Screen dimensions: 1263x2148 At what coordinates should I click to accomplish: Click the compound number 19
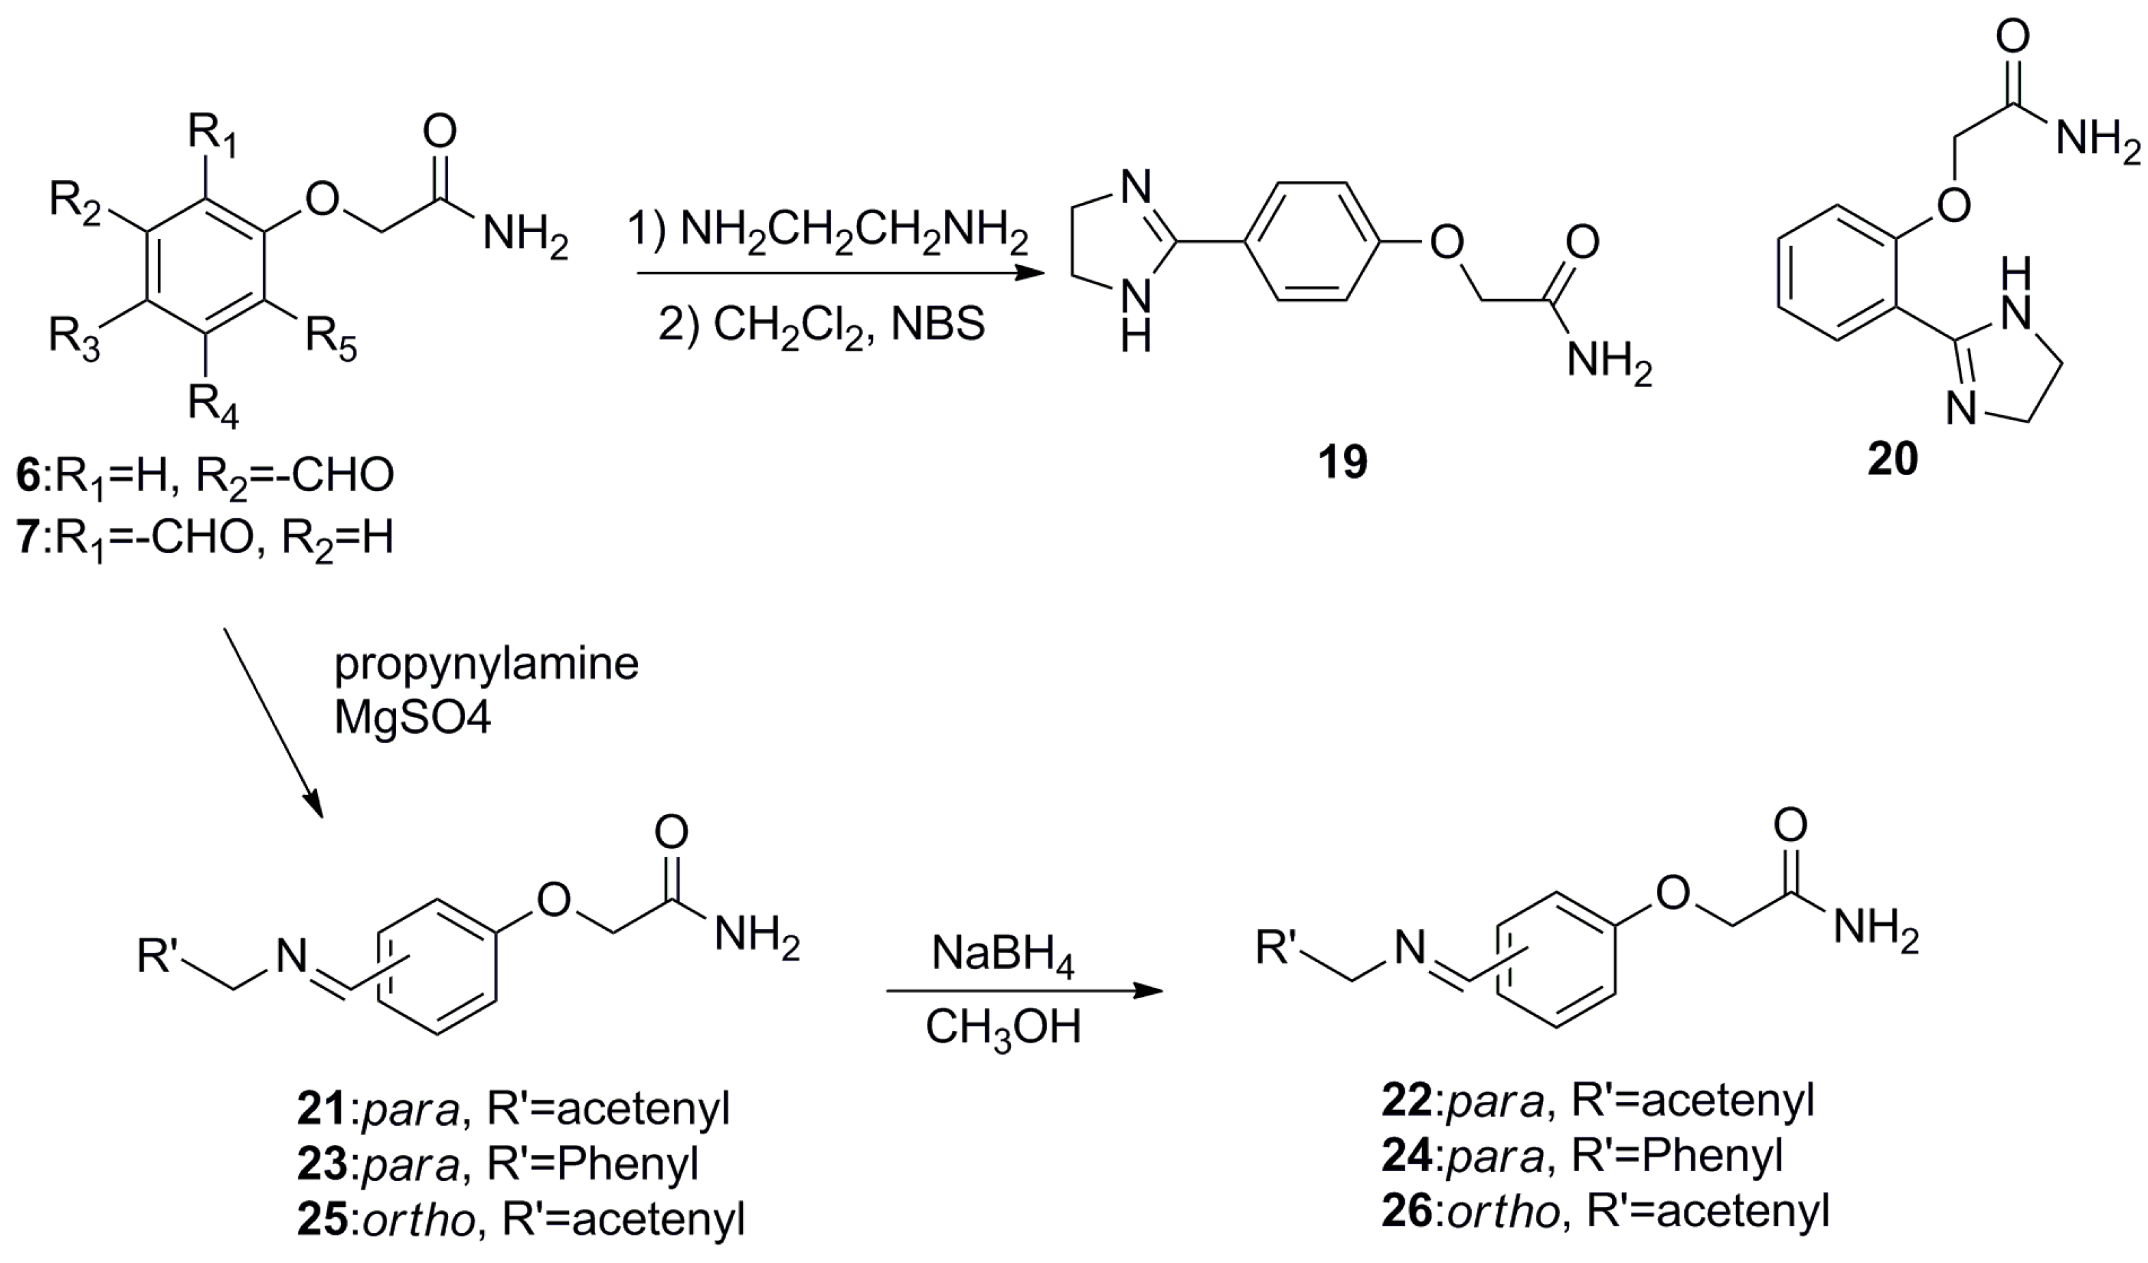(x=1343, y=463)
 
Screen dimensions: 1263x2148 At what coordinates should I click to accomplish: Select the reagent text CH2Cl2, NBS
(x=822, y=325)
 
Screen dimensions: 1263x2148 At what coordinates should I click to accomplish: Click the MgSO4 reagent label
(x=413, y=718)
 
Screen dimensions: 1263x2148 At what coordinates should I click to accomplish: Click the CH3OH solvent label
(x=1003, y=1027)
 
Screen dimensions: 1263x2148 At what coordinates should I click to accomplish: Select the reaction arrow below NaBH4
(x=1023, y=991)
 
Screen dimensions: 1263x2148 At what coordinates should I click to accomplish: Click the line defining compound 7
(x=205, y=539)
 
